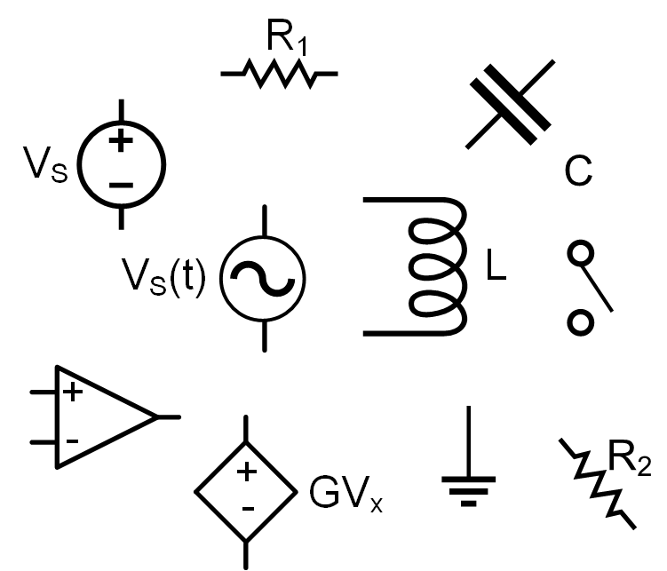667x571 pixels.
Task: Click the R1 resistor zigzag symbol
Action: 279,75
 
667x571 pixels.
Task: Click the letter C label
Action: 578,171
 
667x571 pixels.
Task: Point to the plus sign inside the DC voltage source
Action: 122,139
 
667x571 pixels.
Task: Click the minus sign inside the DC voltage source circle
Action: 122,185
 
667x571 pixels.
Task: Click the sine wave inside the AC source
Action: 263,278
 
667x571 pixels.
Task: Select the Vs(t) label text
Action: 163,280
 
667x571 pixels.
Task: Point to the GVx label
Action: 346,491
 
